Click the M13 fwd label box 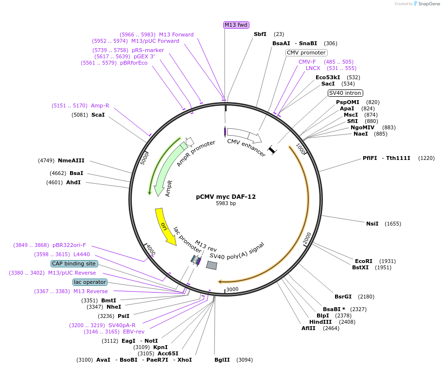tap(236, 25)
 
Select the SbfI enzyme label tap(260, 34)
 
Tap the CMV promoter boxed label tap(306, 53)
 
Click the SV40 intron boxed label tap(345, 93)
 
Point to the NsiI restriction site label tap(372, 224)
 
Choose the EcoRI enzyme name tap(364, 261)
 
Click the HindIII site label tap(320, 322)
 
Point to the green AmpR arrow tap(164, 168)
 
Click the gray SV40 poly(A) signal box tap(212, 265)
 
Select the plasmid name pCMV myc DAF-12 tap(226, 197)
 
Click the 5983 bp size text tap(226, 204)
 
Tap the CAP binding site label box tap(74, 263)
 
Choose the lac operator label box tap(90, 282)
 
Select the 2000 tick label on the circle tap(307, 239)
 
